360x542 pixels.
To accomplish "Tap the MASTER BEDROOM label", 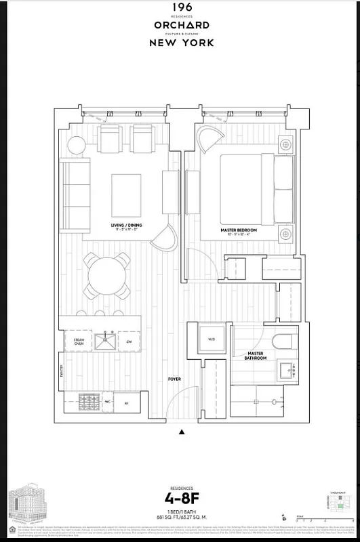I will click(x=237, y=230).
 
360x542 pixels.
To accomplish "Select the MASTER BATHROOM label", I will click(x=256, y=356).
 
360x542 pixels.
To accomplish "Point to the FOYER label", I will click(x=174, y=379).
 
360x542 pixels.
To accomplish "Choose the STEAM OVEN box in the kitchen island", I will click(x=74, y=341).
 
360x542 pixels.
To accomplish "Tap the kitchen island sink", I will click(x=105, y=341).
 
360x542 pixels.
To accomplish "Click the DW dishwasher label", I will click(x=129, y=341).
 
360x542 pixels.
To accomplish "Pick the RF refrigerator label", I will click(x=126, y=402).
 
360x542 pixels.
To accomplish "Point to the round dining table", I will click(x=107, y=276).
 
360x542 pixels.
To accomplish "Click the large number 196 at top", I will click(x=181, y=7).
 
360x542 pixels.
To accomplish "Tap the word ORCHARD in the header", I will click(x=181, y=25).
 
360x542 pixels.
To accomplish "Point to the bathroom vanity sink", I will click(x=285, y=370).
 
